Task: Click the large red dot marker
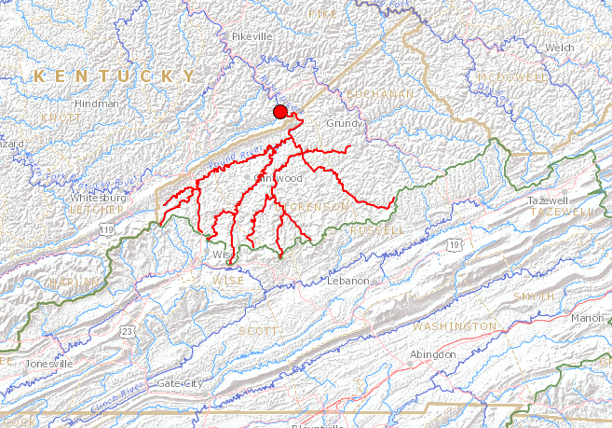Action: point(279,113)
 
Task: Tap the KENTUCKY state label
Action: point(115,76)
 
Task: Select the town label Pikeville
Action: point(252,36)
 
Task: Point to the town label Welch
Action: point(560,47)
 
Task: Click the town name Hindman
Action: point(97,104)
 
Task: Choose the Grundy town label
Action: point(343,123)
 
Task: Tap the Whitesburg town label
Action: point(98,198)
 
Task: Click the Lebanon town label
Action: point(348,281)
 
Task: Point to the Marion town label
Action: point(588,318)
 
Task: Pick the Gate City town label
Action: point(180,383)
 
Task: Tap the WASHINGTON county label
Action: point(455,326)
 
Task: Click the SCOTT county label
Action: point(259,331)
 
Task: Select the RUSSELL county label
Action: point(378,228)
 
